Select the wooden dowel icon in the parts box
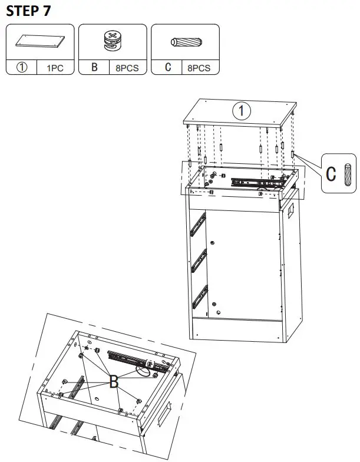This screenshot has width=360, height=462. [185, 42]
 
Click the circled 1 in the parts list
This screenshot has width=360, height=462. [22, 68]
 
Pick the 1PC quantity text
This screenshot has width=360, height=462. [54, 68]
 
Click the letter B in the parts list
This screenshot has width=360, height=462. [94, 68]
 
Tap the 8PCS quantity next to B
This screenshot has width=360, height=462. [127, 68]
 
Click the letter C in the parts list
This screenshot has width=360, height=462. [168, 68]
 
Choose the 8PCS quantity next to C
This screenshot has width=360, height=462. [199, 68]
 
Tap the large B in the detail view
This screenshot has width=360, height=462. [114, 382]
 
